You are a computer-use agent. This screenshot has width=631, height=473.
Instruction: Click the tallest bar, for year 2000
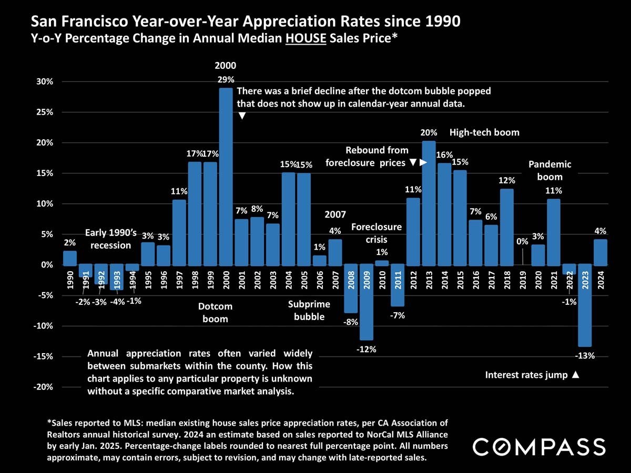pyautogui.click(x=226, y=176)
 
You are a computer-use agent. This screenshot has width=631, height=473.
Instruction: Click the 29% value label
pyautogui.click(x=226, y=79)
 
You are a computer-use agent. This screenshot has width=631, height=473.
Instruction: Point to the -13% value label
pyautogui.click(x=585, y=356)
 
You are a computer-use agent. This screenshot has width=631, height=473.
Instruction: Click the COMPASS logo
pyautogui.click(x=539, y=447)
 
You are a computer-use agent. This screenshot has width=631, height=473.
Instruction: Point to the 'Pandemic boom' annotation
pyautogui.click(x=550, y=171)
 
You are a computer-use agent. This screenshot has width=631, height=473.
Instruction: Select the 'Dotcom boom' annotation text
pyautogui.click(x=215, y=312)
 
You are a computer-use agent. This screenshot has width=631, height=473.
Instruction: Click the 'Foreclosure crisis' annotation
pyautogui.click(x=376, y=233)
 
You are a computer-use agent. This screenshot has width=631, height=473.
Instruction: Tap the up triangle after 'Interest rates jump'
pyautogui.click(x=576, y=375)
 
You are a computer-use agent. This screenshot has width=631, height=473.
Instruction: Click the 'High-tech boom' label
pyautogui.click(x=484, y=132)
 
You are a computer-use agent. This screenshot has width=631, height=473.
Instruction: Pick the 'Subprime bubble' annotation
pyautogui.click(x=309, y=310)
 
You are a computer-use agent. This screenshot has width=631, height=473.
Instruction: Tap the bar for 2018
pyautogui.click(x=506, y=227)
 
